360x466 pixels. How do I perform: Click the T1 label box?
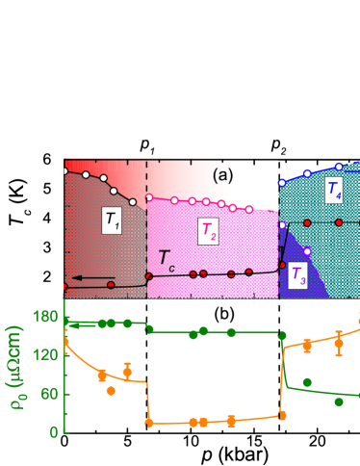coord(113,220)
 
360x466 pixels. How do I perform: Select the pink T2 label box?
coord(208,229)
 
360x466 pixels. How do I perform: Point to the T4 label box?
coord(333,191)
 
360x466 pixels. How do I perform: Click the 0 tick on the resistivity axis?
coord(53,431)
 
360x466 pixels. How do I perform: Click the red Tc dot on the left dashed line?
coord(147,276)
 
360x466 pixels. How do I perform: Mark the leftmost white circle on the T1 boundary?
coord(64,170)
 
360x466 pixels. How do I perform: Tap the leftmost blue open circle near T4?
coord(281,182)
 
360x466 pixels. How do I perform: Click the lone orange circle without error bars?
coord(111,390)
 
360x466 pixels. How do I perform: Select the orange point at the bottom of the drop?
coord(149,423)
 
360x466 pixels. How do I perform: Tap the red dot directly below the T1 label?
coord(112,285)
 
